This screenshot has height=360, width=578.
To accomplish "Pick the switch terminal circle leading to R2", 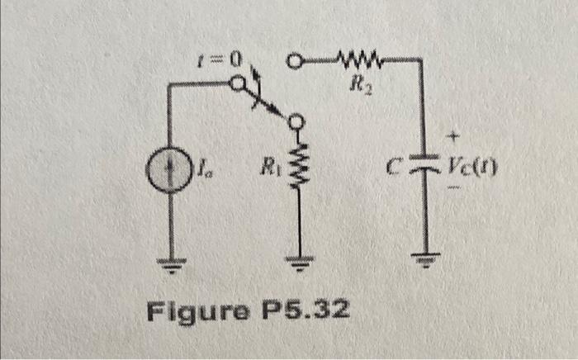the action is click(295, 60).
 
